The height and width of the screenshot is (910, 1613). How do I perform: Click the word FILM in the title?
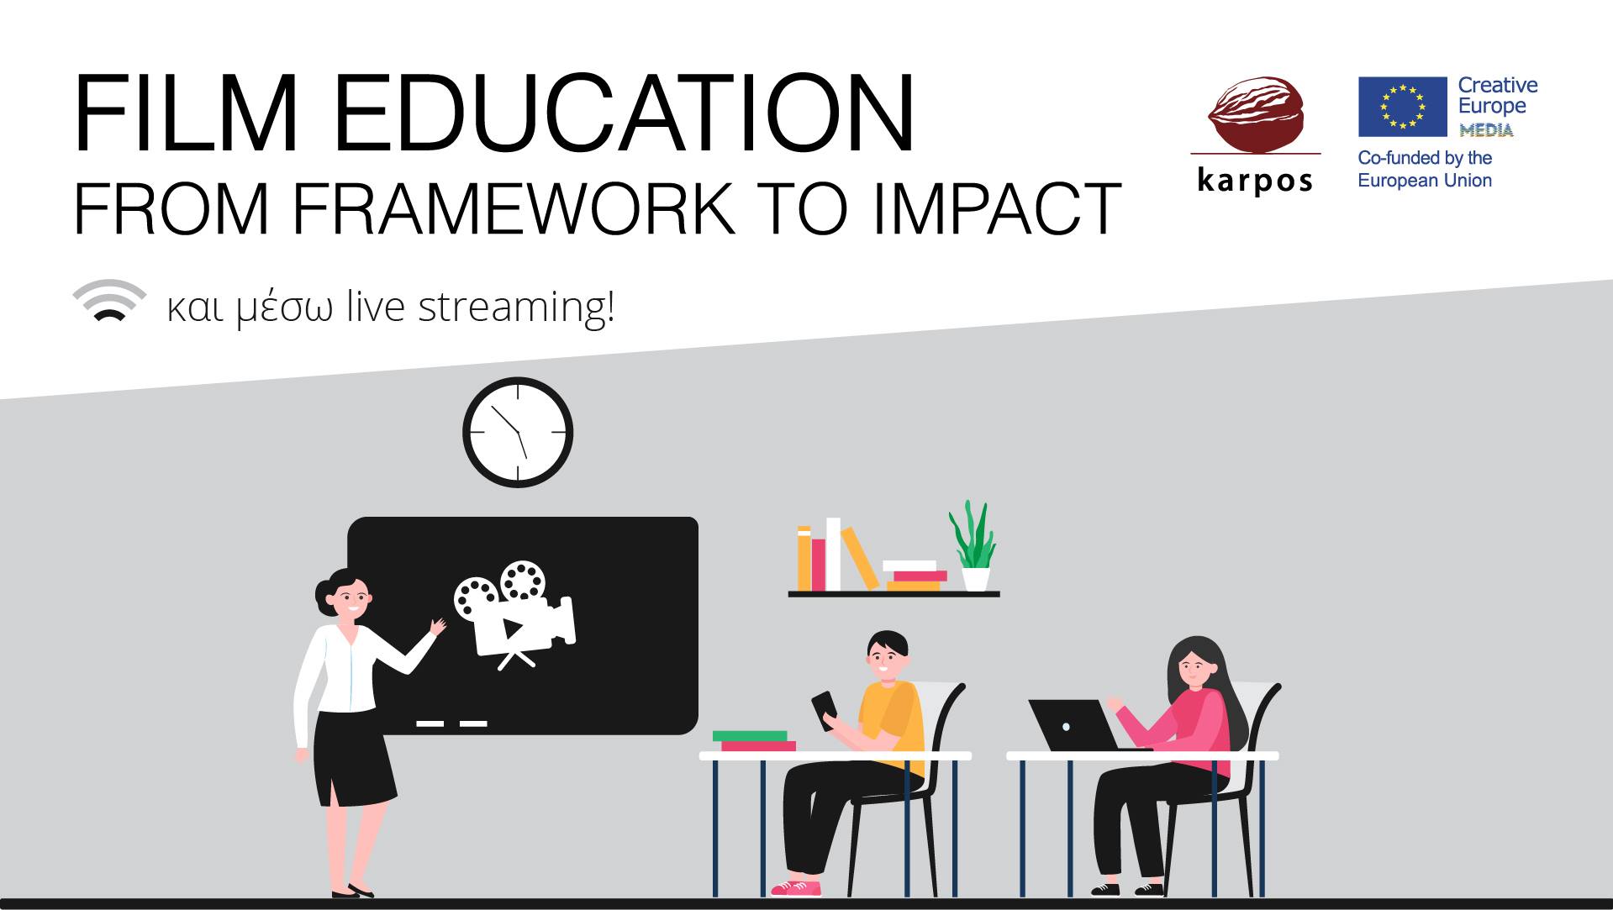185,114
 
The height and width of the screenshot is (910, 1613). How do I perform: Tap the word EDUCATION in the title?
623,114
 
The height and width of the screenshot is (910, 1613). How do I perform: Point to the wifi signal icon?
109,301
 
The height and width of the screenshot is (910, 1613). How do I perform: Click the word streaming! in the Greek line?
516,308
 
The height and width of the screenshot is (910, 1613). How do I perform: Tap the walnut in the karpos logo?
1256,114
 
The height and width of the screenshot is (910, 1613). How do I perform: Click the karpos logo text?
1255,180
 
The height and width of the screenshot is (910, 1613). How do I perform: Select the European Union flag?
1402,107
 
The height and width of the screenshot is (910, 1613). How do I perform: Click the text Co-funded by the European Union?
1425,169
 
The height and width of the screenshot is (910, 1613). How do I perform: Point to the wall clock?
518,432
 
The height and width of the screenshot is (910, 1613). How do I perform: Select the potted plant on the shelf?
973,546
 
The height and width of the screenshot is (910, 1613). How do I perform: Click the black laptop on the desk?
1073,725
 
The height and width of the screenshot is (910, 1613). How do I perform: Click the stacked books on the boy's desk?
755,740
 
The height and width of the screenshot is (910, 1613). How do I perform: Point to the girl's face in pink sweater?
1194,669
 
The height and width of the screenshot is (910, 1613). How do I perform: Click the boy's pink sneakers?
795,887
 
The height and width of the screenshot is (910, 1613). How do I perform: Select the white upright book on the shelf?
833,554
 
